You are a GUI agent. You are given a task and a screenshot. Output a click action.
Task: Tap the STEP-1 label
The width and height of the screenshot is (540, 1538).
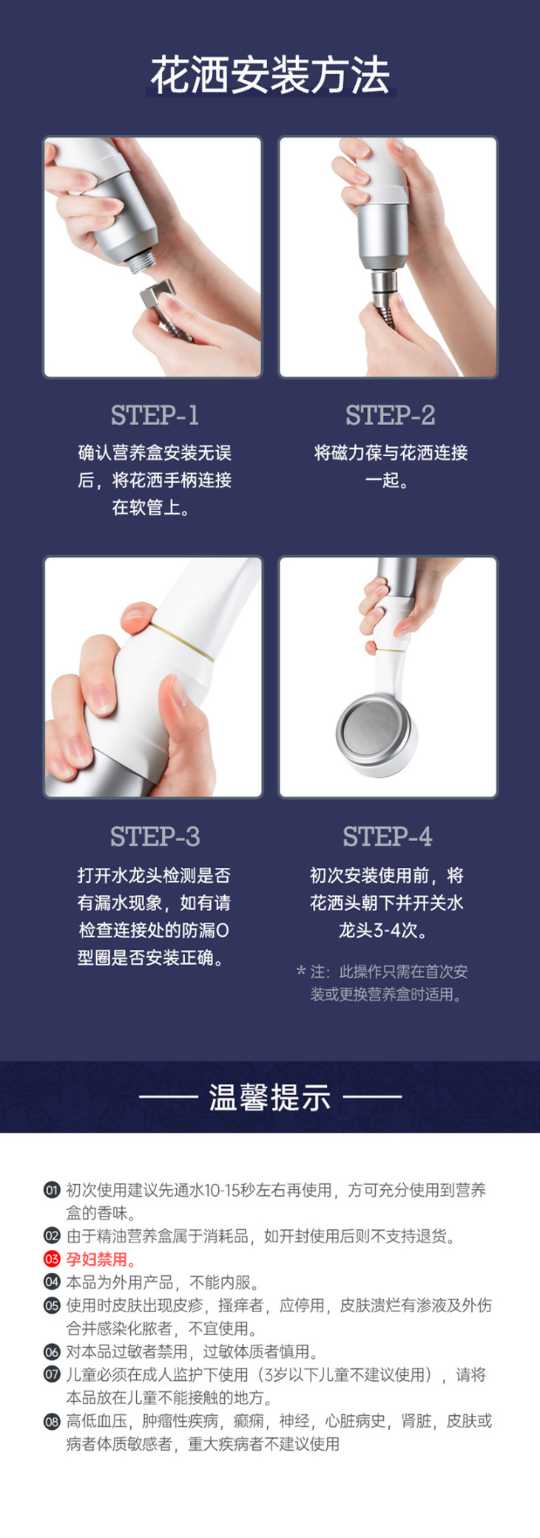155,415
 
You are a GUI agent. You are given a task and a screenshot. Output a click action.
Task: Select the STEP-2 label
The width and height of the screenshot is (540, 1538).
390,415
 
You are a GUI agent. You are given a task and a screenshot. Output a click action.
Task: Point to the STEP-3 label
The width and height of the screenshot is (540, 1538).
155,837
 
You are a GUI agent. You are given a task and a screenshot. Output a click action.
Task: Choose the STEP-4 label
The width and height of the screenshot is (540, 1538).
387,837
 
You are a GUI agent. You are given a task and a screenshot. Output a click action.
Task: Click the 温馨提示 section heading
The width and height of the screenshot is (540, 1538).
270,1097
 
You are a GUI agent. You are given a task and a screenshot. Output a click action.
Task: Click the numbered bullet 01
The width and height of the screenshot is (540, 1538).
52,1191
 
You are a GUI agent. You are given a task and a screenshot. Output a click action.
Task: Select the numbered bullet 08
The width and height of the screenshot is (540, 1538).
52,1421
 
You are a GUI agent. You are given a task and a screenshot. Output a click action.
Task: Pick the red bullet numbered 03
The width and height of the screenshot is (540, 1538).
52,1260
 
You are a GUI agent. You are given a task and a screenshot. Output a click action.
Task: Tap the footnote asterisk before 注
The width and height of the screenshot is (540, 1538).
301,971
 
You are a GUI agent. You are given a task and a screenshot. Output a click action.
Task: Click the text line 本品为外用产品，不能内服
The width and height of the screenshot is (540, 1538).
162,1283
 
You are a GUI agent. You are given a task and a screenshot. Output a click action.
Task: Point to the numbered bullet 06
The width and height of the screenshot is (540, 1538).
52,1351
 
